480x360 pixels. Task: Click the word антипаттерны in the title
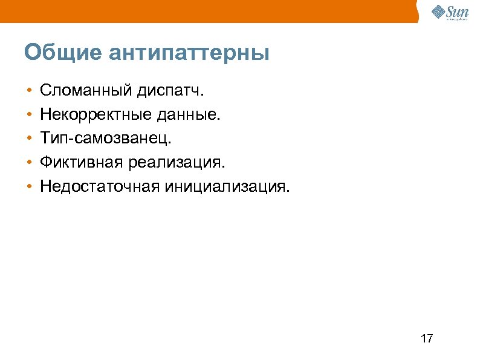(x=189, y=53)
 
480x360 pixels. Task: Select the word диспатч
(x=170, y=91)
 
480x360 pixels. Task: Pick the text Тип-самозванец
(x=106, y=139)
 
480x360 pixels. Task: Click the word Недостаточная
(x=97, y=186)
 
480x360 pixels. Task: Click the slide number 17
(x=426, y=338)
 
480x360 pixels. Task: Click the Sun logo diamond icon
(x=439, y=11)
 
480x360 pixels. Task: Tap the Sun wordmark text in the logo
(x=457, y=10)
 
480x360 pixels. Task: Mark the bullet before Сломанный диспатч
(x=29, y=92)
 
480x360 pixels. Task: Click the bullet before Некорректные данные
(x=29, y=116)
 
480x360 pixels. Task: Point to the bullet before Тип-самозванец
(x=29, y=139)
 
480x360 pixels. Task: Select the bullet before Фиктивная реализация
(x=29, y=163)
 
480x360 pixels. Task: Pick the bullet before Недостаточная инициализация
(x=29, y=186)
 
